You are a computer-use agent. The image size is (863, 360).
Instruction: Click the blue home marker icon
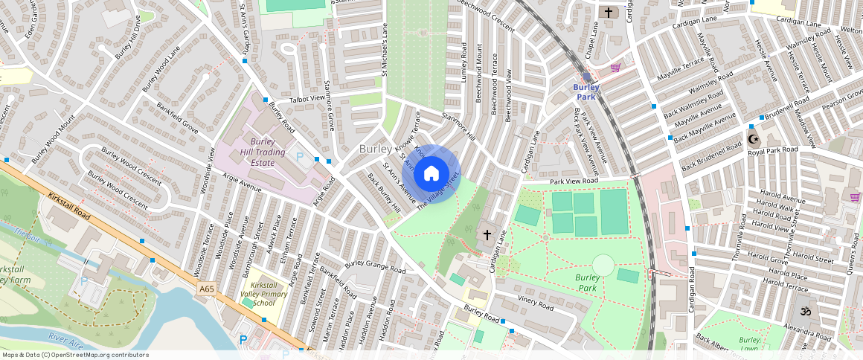pos(431,174)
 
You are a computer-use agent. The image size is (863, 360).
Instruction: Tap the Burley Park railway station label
pos(586,91)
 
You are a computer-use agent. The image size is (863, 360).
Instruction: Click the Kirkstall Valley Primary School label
pos(269,294)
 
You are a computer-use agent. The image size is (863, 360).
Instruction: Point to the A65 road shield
pos(208,288)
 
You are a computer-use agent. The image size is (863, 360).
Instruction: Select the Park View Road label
pos(574,181)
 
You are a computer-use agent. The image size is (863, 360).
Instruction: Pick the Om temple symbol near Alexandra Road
pos(803,311)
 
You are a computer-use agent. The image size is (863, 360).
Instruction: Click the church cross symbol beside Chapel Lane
pos(609,12)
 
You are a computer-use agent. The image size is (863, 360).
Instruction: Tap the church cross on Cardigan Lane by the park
pos(487,235)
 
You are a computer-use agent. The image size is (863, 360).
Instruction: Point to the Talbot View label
pos(307,98)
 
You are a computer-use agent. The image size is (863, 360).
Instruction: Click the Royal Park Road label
pos(772,150)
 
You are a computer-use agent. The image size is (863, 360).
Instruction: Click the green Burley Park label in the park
pos(588,283)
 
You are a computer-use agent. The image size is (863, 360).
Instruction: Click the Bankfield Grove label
pos(177,118)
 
